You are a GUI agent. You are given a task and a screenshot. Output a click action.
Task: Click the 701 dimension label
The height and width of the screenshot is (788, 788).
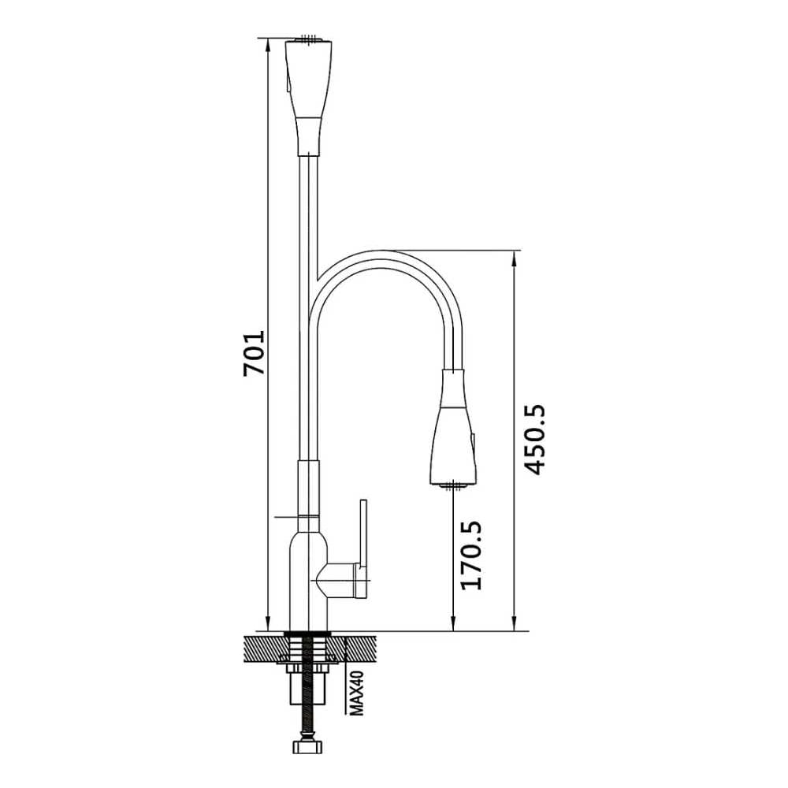click(x=254, y=353)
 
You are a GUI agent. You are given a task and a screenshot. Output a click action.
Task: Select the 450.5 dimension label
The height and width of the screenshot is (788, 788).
click(x=533, y=439)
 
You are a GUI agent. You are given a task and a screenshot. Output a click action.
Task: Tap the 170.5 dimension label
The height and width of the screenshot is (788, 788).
click(x=471, y=555)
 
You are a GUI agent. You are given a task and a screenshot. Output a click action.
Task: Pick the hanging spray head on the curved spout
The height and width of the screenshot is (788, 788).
click(x=453, y=428)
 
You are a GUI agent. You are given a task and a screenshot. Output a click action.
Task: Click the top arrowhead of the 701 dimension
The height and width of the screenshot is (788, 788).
click(x=268, y=43)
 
